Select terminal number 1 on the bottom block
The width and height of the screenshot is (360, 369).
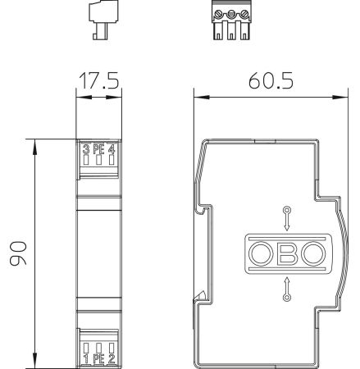[84, 358]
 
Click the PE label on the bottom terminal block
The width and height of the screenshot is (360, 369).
[98, 358]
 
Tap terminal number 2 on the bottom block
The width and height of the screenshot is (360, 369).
[112, 358]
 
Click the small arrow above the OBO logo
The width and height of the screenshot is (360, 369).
[286, 220]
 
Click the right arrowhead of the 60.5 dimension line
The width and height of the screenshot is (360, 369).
[339, 96]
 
